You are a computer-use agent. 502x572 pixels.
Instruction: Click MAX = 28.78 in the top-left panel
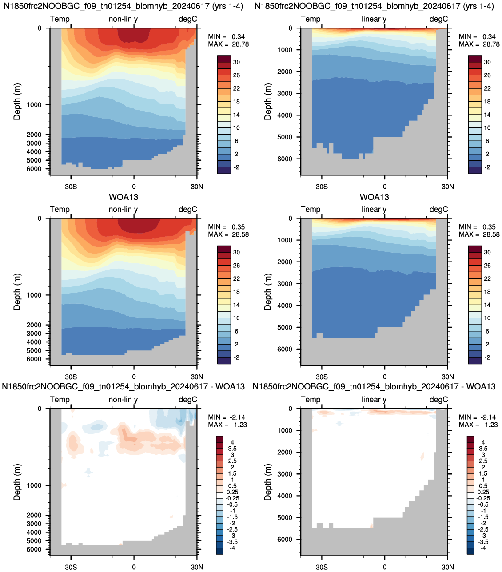(228, 44)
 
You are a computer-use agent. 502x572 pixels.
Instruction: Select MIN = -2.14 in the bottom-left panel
(227, 417)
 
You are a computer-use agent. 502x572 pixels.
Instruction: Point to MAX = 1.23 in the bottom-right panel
(478, 425)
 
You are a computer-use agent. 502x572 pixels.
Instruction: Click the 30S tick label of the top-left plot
(71, 187)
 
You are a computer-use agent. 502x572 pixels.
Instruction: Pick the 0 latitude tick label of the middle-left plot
(134, 377)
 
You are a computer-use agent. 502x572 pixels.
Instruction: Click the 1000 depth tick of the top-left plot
(34, 105)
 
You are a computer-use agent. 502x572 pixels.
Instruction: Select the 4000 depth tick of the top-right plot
(284, 115)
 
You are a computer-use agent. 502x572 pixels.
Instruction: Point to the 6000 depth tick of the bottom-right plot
(284, 539)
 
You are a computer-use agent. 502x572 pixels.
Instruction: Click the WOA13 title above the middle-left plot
(124, 197)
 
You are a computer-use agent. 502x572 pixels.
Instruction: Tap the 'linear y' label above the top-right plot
(374, 19)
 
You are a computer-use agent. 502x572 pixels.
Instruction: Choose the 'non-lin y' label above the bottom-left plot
(123, 400)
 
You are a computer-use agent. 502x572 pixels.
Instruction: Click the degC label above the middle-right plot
(439, 210)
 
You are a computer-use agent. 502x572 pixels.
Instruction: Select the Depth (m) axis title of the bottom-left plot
(17, 482)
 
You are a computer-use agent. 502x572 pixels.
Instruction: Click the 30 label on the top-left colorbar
(236, 62)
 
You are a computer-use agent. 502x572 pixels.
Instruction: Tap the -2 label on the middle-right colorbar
(487, 357)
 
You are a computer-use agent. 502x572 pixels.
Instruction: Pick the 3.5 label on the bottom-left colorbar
(232, 449)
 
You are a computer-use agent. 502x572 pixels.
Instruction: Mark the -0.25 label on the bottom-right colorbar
(484, 498)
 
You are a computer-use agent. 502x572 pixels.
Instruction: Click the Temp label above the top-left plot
(60, 19)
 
